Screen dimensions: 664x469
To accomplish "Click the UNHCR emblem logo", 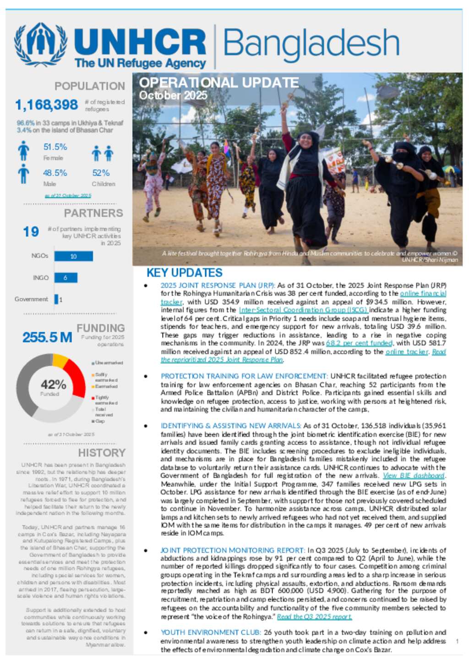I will (41, 45).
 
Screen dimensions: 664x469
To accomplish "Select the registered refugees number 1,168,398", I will (47, 105).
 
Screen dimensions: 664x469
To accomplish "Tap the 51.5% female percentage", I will (55, 147).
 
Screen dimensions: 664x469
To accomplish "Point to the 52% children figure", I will (101, 173).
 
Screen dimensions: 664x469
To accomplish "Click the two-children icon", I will (102, 154).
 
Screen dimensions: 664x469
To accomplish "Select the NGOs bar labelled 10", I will (73, 256).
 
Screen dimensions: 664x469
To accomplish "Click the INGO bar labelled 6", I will (65, 278).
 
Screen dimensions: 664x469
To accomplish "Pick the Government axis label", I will (31, 299).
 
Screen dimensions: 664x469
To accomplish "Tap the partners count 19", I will (31, 232).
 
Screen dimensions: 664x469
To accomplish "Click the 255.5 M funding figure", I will (47, 338).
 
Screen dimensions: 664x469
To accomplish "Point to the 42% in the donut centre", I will (53, 384).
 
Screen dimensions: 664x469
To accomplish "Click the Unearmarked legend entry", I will (108, 363).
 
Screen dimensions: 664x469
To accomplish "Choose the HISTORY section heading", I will (102, 453).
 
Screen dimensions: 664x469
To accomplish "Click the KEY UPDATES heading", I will (184, 273).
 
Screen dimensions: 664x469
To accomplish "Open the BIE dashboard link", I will (414, 476).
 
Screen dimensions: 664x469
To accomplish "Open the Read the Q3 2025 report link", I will (314, 617).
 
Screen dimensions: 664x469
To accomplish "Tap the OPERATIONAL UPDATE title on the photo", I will (219, 83).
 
